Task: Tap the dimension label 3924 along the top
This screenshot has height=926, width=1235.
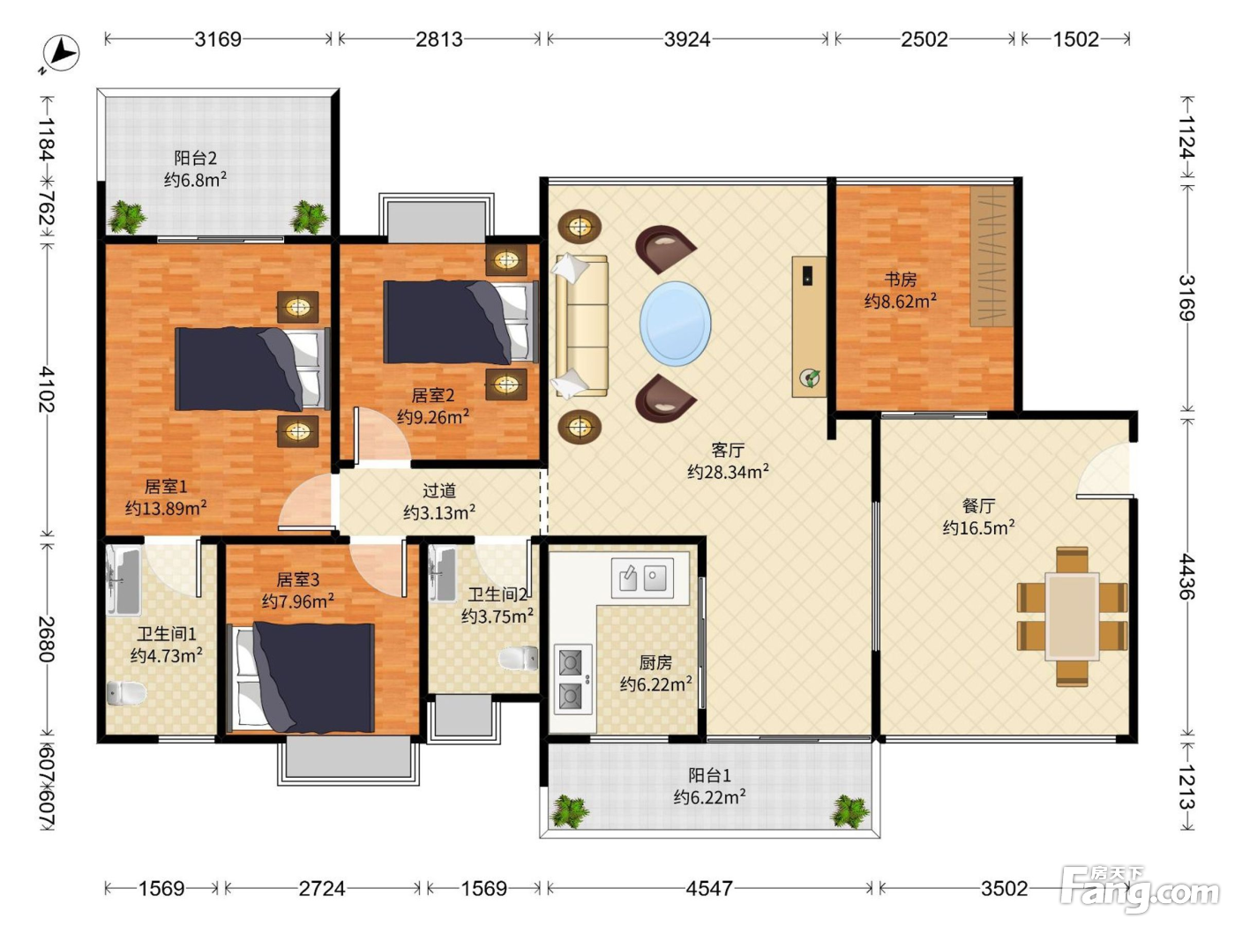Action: (687, 40)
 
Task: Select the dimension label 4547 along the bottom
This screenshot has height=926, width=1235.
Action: (709, 888)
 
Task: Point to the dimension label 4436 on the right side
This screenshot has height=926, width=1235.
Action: (1187, 577)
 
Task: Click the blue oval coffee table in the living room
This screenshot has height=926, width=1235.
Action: (675, 324)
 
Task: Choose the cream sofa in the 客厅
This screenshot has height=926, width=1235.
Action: (580, 326)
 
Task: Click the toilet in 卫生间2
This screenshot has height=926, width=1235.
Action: (518, 659)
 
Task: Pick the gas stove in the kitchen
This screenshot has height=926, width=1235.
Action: (573, 679)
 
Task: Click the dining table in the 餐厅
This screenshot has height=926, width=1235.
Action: (1072, 616)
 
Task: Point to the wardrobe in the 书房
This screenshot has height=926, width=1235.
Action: (992, 257)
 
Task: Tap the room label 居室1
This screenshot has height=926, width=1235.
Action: (166, 486)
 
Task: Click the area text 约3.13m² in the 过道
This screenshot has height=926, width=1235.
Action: (439, 512)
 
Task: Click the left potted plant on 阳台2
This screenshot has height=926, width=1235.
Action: (128, 216)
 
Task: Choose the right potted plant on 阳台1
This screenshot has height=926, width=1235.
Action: (850, 811)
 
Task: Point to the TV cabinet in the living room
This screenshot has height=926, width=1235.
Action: (809, 327)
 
